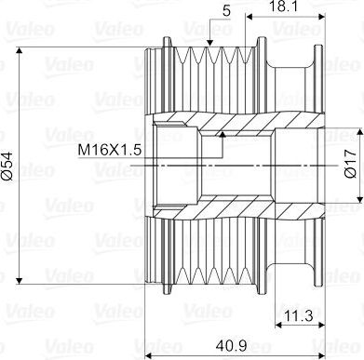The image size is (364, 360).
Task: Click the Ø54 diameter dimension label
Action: coord(7,166)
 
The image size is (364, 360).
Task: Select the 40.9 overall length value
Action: coord(233,345)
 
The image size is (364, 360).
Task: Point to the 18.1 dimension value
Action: coord(282,7)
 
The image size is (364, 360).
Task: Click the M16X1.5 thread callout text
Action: coord(110,151)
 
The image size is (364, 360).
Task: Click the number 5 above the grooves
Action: coord(227,11)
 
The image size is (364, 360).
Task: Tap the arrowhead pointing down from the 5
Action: coord(209,43)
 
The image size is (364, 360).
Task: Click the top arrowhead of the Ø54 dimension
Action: coord(20,51)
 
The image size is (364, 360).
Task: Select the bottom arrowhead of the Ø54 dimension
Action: coord(20,280)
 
